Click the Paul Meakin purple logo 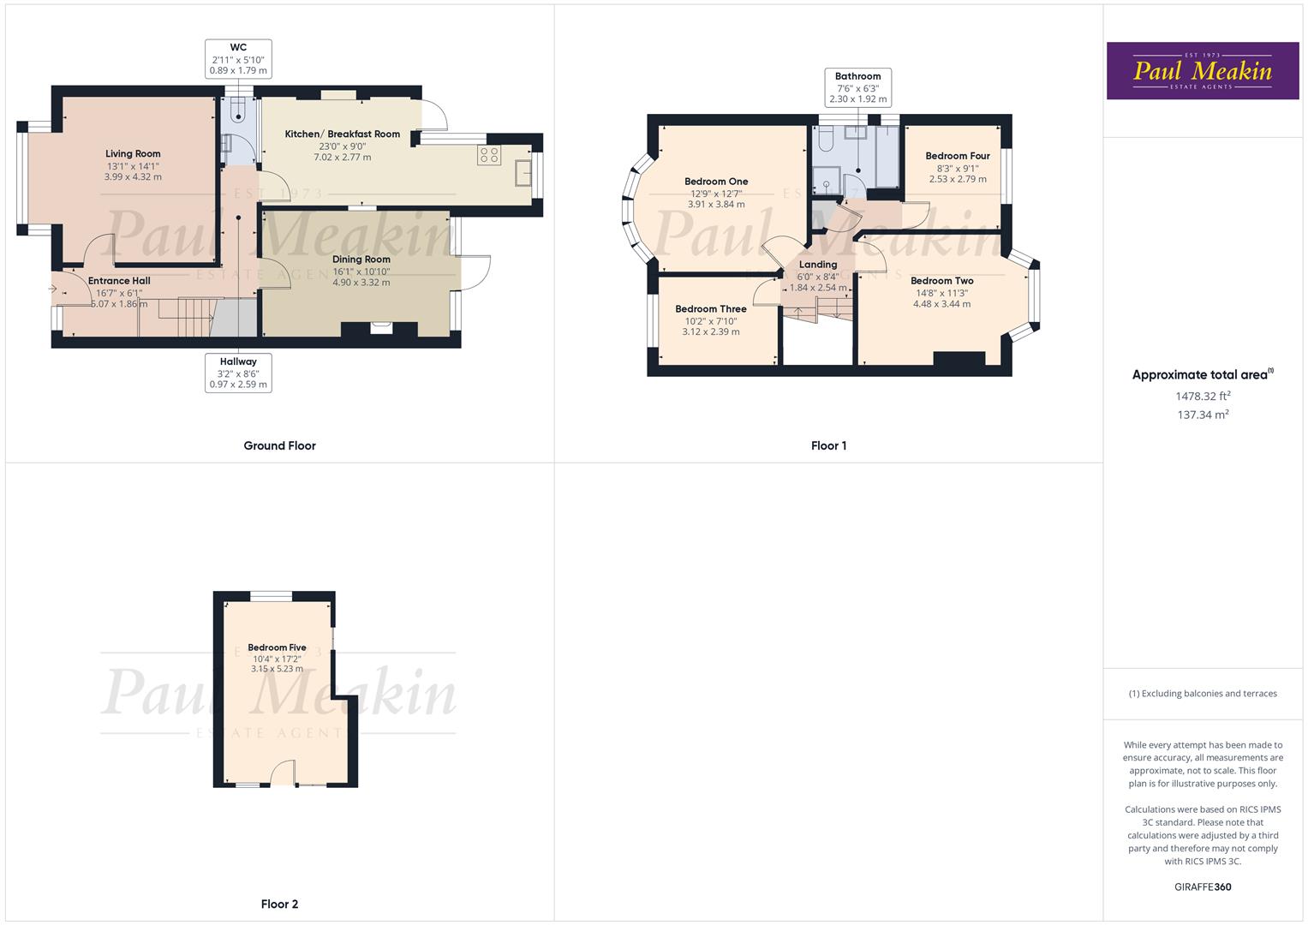[x=1203, y=71]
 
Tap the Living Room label [x=133, y=154]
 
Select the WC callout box [x=238, y=59]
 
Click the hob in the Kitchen [x=490, y=155]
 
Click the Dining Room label [x=361, y=260]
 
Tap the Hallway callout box [x=238, y=373]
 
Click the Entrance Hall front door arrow [x=52, y=289]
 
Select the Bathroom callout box [x=857, y=87]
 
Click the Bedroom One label [x=716, y=182]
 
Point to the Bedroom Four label [x=958, y=156]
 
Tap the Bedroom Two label [x=941, y=281]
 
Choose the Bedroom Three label [x=711, y=309]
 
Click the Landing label [x=818, y=265]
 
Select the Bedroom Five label [x=277, y=647]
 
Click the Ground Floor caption [x=279, y=445]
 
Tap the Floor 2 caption [x=279, y=904]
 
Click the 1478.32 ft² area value [x=1203, y=397]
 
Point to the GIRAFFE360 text [x=1203, y=886]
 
